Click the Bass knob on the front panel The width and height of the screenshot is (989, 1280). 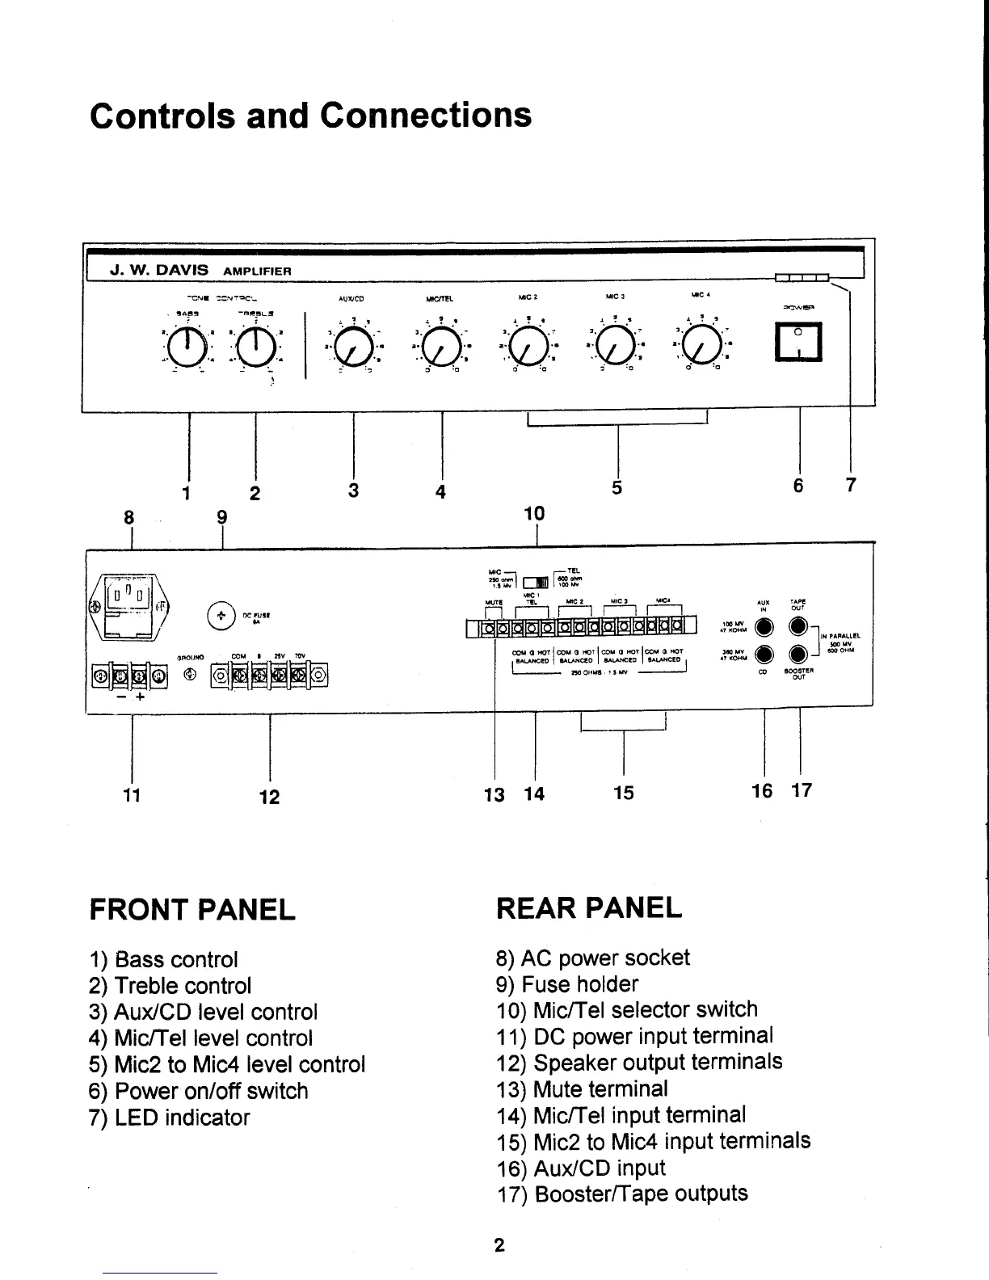[x=188, y=348]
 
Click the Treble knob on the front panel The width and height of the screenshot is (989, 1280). [x=255, y=348]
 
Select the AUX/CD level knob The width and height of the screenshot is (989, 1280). [x=354, y=348]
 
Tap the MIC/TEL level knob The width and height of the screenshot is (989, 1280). [x=441, y=348]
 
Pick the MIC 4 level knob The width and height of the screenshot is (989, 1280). [x=703, y=348]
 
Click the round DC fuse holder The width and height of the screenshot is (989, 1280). [x=221, y=616]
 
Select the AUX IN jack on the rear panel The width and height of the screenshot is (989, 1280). [x=764, y=627]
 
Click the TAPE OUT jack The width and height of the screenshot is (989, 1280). [x=799, y=627]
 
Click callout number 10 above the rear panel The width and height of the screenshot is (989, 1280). [x=534, y=513]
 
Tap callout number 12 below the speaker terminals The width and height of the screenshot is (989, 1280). [x=269, y=797]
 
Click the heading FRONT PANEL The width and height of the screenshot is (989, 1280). [x=192, y=910]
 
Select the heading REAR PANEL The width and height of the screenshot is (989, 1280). [x=589, y=908]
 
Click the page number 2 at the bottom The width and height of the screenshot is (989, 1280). [x=499, y=1245]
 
